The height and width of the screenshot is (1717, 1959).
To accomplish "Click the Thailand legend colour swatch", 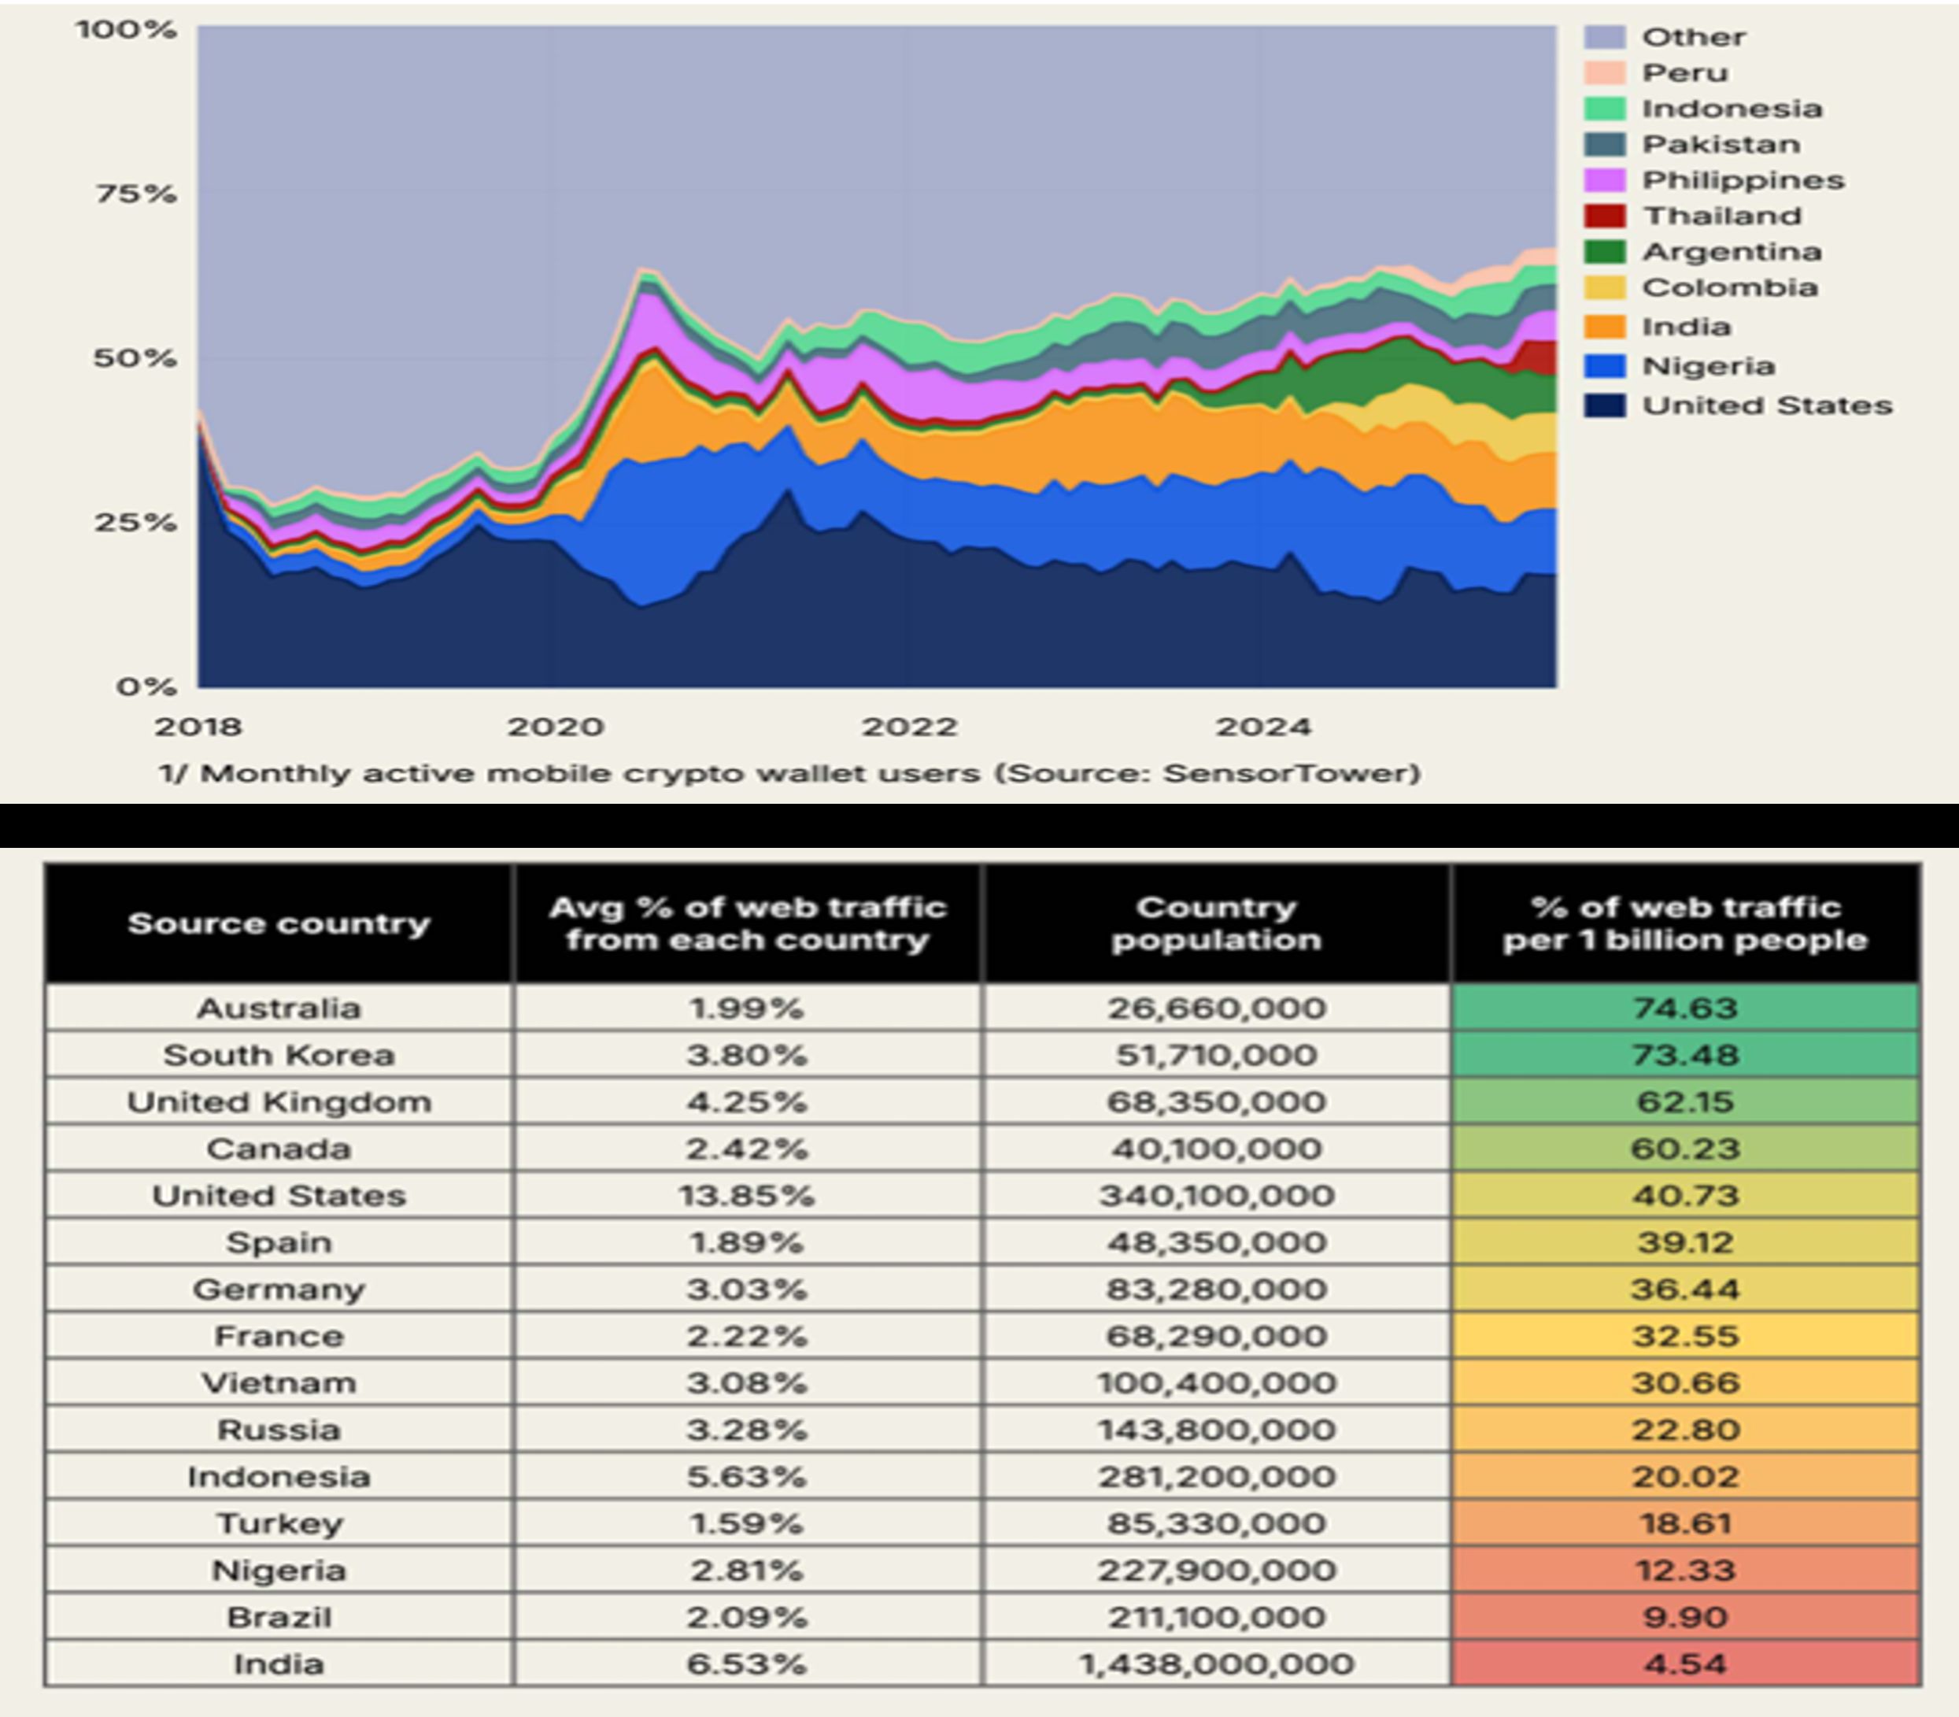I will pos(1605,216).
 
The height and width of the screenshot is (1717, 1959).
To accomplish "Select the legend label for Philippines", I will pos(1743,180).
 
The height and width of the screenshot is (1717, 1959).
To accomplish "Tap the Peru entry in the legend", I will pos(1685,72).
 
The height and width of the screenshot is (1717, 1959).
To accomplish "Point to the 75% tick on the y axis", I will pos(135,194).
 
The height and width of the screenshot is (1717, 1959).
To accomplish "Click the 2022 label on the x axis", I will pos(909,727).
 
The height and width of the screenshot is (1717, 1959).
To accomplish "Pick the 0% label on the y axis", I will pos(146,687).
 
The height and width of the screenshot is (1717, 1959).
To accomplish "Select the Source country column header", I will pos(279,923).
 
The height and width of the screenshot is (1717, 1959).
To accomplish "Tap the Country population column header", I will pos(1216,923).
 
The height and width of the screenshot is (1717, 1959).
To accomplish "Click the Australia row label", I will pos(279,1008).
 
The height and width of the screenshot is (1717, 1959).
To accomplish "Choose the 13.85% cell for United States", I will pos(747,1196).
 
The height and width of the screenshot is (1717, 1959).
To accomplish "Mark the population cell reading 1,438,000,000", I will pos(1216,1664).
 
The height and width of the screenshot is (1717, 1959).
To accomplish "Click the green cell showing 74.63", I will pos(1685,1008).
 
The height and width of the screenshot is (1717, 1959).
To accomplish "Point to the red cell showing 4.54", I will pos(1685,1664).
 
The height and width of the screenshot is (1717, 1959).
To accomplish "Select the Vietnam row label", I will pos(279,1382).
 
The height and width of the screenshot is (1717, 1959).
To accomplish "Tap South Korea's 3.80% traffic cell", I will pos(747,1055).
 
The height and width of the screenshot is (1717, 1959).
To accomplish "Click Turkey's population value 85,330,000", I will pos(1216,1523).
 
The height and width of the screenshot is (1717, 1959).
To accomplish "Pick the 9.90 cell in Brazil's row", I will pos(1685,1617).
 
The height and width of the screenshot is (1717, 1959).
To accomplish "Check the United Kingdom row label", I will pos(279,1102).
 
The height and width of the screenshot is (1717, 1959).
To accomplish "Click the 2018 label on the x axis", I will pos(198,727).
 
